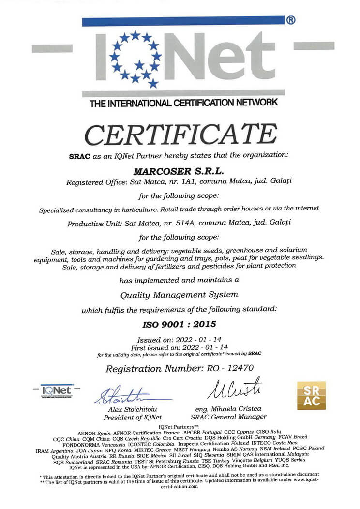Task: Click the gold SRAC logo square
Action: click(311, 395)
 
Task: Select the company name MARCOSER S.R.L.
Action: click(180, 170)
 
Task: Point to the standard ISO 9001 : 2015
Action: click(180, 323)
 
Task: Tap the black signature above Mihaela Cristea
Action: click(235, 389)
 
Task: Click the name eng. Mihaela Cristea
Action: click(228, 409)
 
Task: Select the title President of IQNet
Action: click(133, 417)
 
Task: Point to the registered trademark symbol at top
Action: click(291, 20)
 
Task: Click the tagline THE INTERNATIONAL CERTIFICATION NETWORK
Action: click(184, 103)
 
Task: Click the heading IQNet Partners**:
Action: click(180, 426)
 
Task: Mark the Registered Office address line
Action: click(180, 181)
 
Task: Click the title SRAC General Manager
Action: click(228, 417)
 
